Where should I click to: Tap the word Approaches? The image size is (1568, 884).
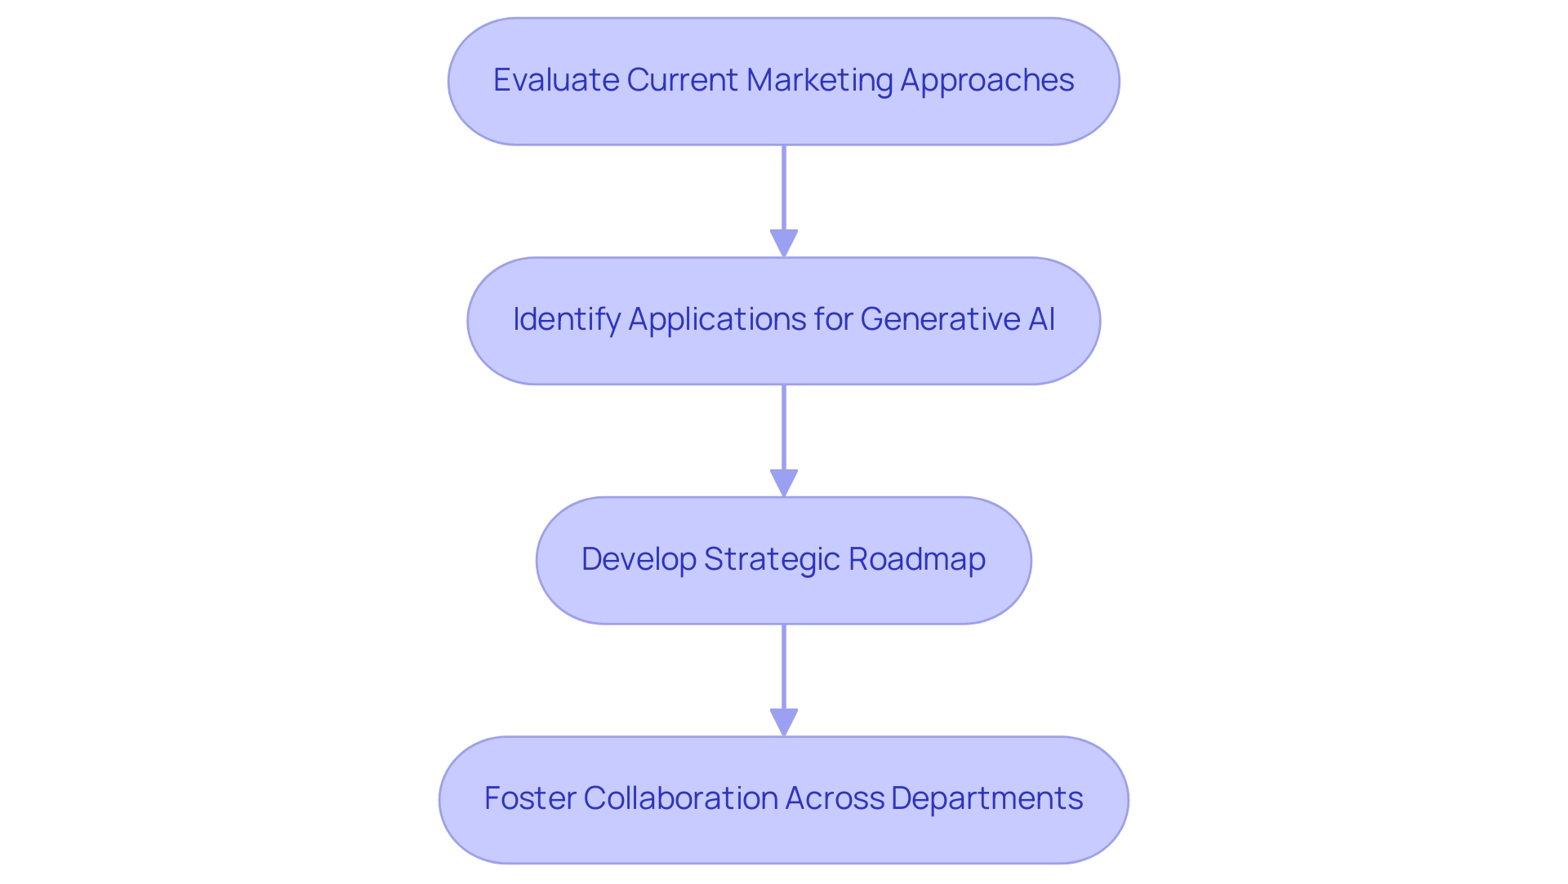[x=987, y=80]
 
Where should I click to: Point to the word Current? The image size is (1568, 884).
[x=682, y=80]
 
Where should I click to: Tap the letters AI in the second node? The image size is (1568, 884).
[x=1041, y=319]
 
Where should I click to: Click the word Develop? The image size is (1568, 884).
[x=638, y=559]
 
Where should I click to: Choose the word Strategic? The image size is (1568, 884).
[x=771, y=559]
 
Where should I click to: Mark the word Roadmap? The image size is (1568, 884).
[x=916, y=559]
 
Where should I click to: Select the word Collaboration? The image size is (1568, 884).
[x=679, y=798]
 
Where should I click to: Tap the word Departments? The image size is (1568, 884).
[x=987, y=798]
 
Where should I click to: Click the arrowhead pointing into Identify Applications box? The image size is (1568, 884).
[x=784, y=243]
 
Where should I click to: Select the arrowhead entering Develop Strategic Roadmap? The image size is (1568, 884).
[x=784, y=483]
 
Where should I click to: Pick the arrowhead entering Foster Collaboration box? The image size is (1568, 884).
[x=784, y=722]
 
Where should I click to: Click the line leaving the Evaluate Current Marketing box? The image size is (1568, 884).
[x=784, y=188]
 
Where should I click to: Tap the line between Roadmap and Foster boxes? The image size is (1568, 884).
[x=784, y=665]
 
